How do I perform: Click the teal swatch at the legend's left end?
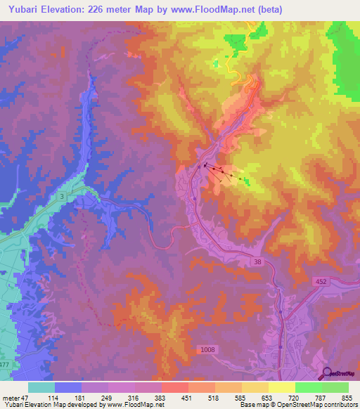(x=41, y=387)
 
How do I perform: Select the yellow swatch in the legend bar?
(x=281, y=387)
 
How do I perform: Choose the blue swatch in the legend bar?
(x=68, y=387)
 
